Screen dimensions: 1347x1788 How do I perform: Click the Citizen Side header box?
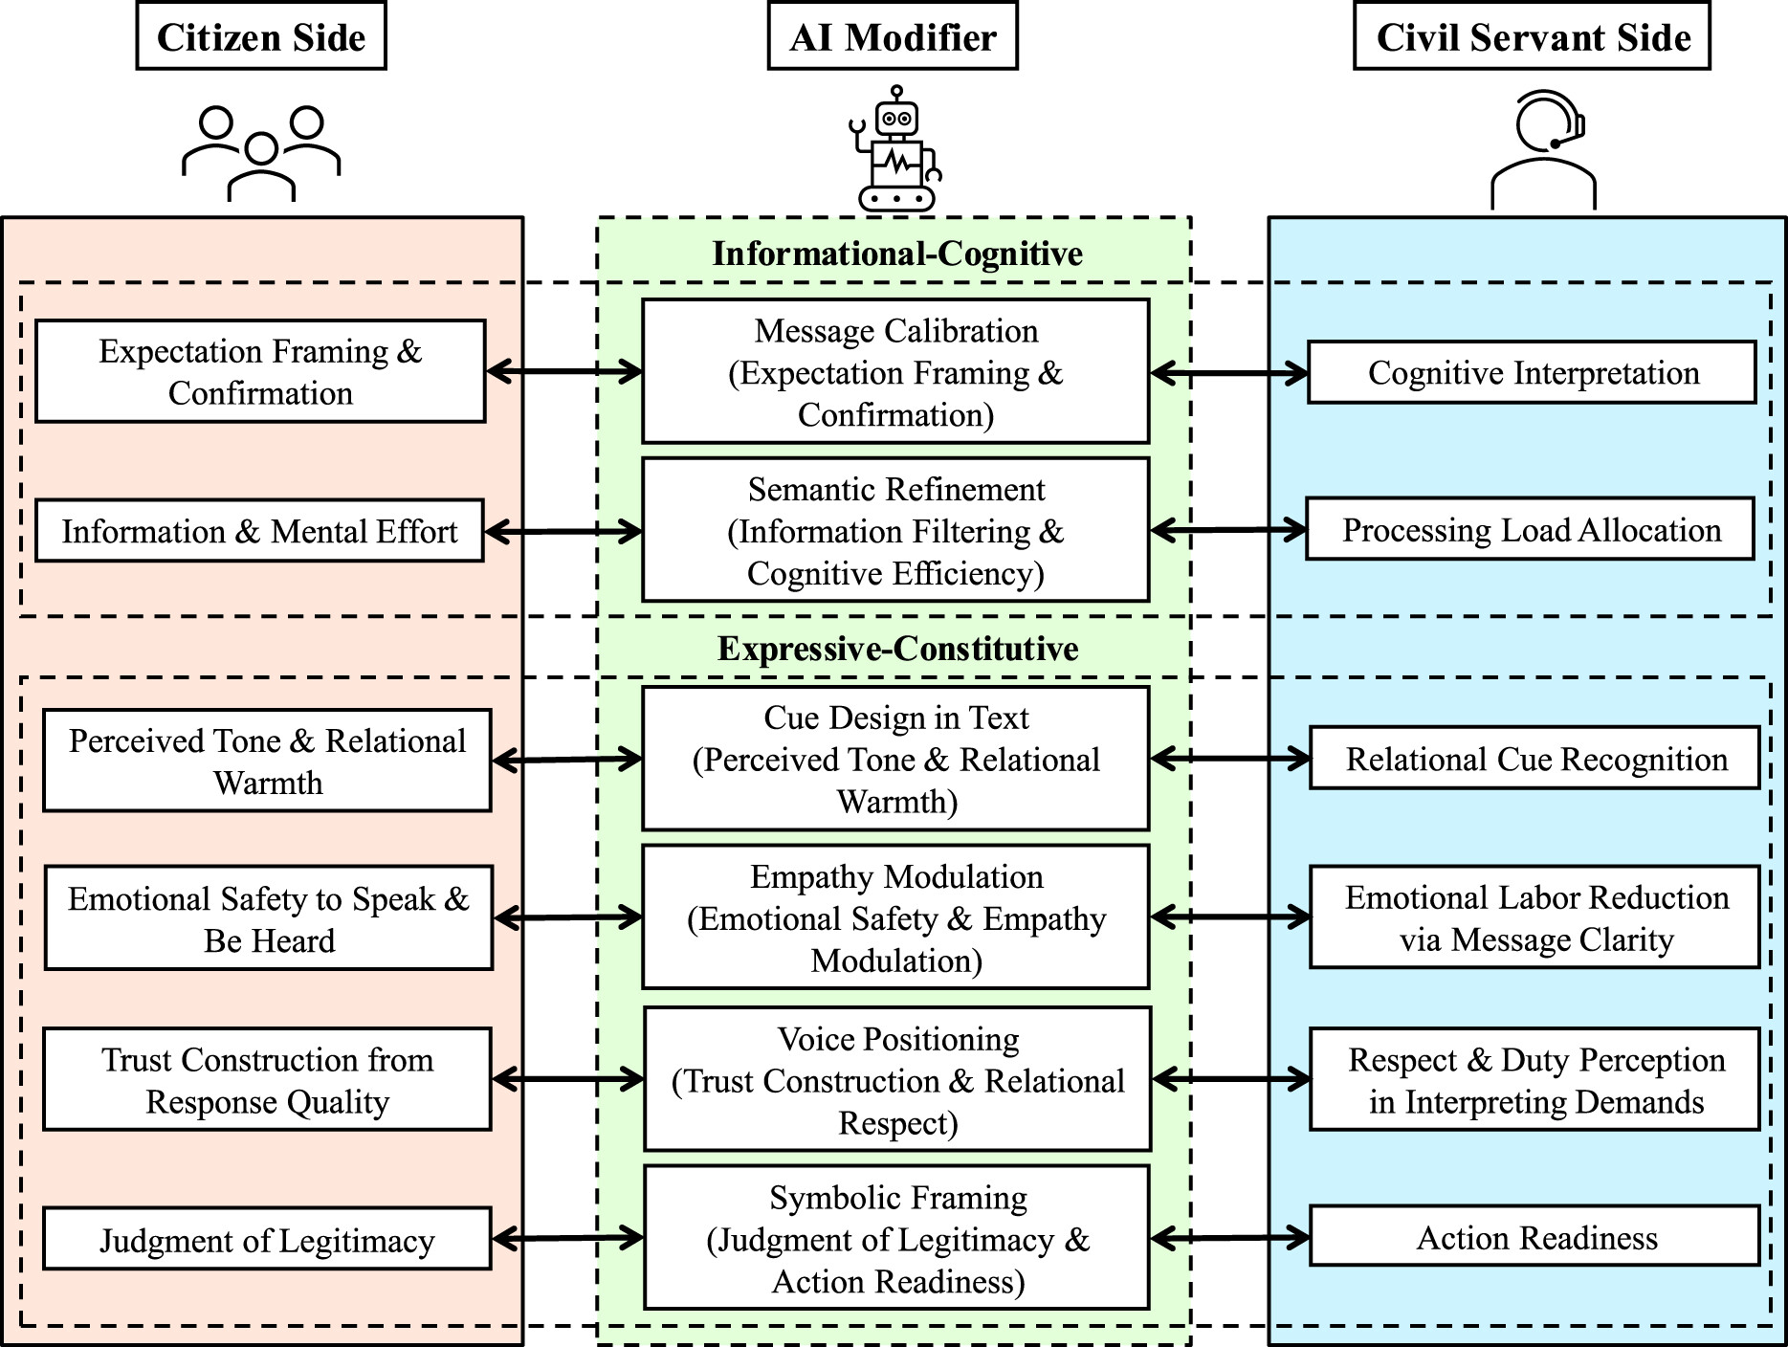coord(260,36)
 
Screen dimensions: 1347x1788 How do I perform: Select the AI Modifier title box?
coord(892,36)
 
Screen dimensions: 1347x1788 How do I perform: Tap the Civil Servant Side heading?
coord(1531,36)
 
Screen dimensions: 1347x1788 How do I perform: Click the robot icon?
coord(895,149)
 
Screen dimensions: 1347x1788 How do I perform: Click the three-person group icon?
coord(260,153)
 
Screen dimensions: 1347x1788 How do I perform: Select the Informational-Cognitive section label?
coord(896,254)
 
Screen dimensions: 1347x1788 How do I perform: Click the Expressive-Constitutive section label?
coord(896,649)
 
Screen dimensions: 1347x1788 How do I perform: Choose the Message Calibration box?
coord(894,371)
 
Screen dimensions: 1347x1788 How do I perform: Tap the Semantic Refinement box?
coord(894,530)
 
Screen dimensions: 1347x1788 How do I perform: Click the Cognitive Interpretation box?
coord(1531,372)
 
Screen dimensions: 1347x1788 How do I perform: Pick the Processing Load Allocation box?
coord(1530,529)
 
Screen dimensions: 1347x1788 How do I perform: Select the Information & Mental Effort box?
coord(259,531)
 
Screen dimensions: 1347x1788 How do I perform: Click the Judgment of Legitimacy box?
coord(267,1240)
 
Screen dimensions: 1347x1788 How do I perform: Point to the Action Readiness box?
coord(1534,1237)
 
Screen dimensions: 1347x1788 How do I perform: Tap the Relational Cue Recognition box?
coord(1534,759)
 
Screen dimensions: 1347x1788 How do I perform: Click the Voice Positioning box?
coord(896,1079)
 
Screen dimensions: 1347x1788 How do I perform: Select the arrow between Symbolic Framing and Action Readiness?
coord(1229,1238)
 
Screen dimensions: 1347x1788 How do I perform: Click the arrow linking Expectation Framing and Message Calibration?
coord(563,371)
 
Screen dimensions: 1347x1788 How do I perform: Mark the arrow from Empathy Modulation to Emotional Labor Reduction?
coord(1229,917)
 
